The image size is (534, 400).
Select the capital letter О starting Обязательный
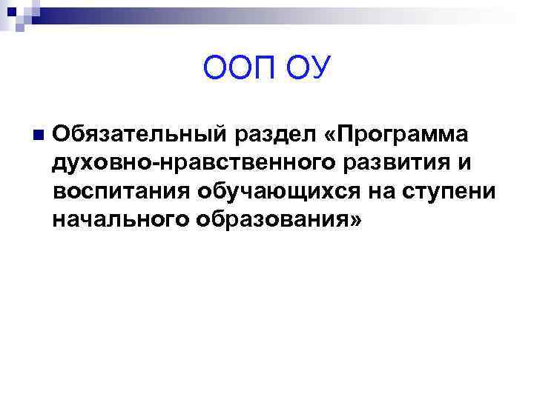tap(62, 136)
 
